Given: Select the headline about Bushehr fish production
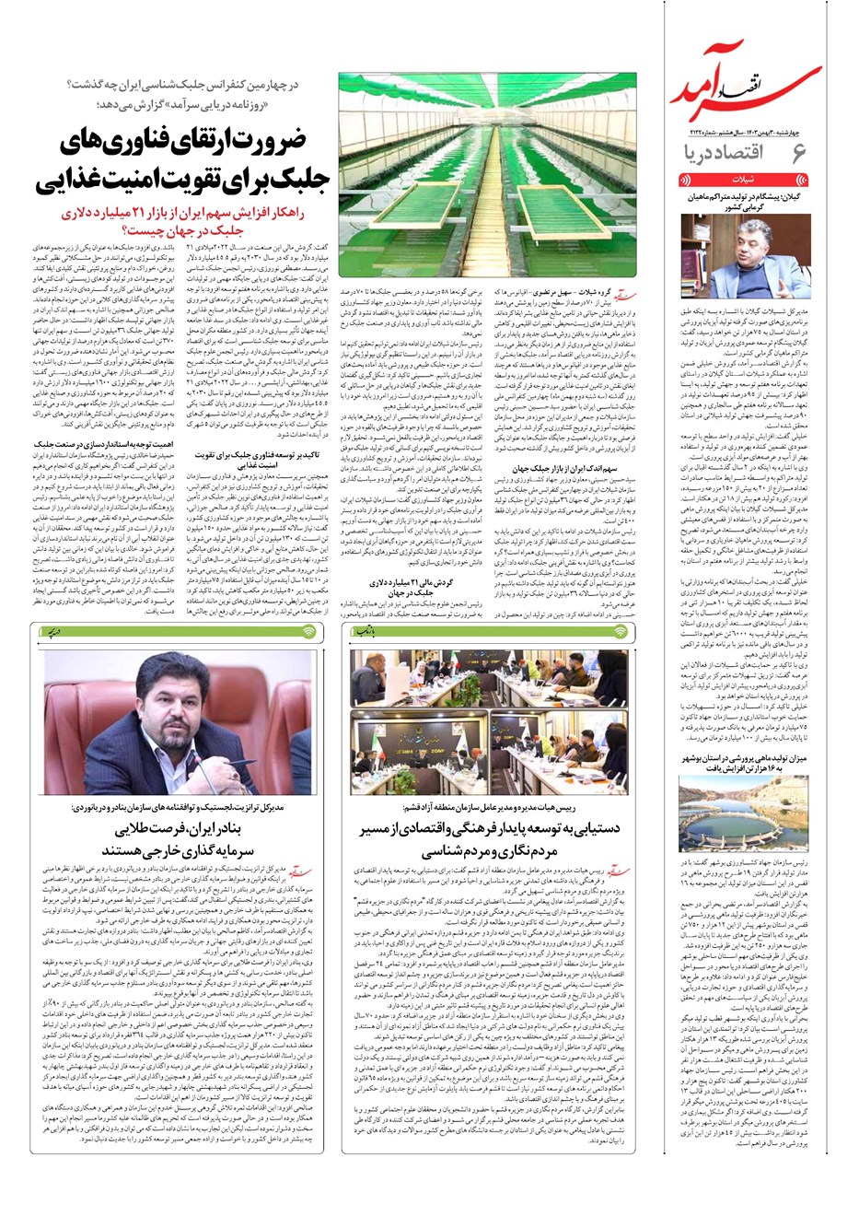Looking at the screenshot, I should [x=745, y=788].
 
